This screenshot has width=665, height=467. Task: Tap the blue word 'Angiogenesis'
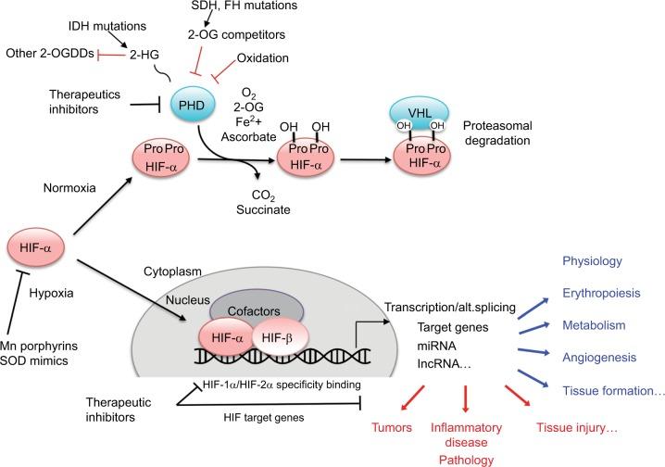605,357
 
